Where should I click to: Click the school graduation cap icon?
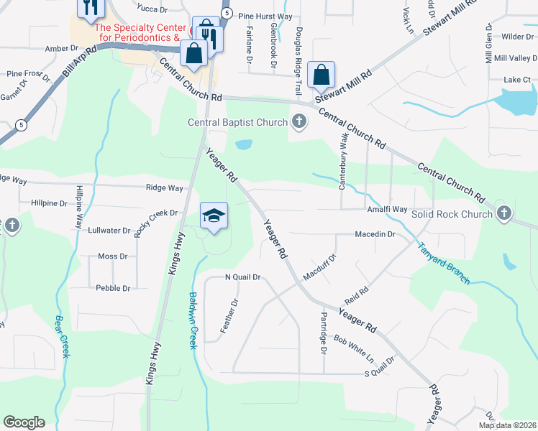(x=214, y=215)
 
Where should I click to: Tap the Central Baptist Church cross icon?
(x=299, y=121)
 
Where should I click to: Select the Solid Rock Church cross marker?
(x=505, y=213)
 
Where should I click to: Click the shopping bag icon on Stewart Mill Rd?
(x=322, y=74)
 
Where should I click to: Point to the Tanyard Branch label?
(x=443, y=262)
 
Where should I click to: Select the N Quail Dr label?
(x=242, y=277)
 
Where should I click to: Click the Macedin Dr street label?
(x=375, y=234)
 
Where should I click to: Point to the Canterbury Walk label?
(x=343, y=161)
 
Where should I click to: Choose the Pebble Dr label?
(x=113, y=288)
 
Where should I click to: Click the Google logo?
(x=24, y=422)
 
